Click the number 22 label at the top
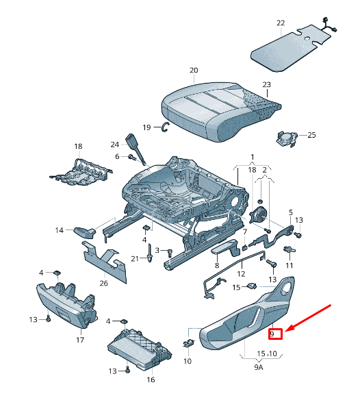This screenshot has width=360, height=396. pos(281,23)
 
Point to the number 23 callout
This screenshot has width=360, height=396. pos(267,85)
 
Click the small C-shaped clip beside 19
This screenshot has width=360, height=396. pos(165,126)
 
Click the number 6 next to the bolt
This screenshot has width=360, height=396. pos(117,157)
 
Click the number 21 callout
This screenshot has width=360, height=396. pos(135,258)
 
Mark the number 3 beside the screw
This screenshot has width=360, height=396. pos(157,251)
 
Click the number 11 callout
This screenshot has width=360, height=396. pos(290,265)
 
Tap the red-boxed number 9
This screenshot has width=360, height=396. pos(274,334)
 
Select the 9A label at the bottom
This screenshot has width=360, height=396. pos(258,368)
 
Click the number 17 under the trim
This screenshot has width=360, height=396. pos(80,340)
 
